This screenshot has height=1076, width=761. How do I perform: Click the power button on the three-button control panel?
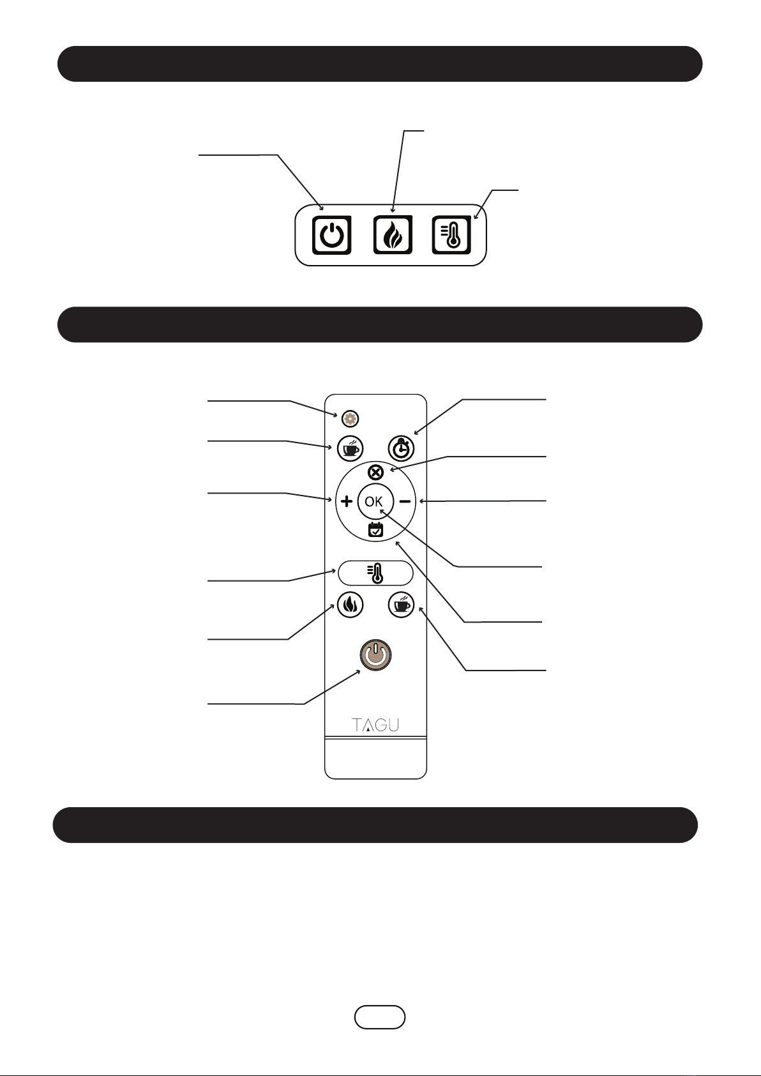(331, 235)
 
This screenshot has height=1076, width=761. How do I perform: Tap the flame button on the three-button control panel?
(392, 235)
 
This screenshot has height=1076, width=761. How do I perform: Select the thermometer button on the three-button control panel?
(451, 235)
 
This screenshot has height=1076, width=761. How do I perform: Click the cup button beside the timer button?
(350, 448)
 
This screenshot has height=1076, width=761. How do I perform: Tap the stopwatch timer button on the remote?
(402, 448)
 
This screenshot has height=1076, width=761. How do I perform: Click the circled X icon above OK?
(376, 473)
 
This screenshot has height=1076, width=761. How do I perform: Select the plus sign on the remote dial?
(347, 502)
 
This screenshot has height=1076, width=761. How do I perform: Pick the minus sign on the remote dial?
(405, 502)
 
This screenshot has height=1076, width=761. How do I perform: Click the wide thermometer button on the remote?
(375, 573)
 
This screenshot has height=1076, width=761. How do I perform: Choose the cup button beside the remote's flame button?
(402, 604)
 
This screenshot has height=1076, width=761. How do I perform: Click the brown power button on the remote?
(375, 655)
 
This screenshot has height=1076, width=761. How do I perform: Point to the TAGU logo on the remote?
(375, 725)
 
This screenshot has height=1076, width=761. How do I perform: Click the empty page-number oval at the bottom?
(380, 1017)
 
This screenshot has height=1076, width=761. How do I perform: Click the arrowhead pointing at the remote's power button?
(359, 672)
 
